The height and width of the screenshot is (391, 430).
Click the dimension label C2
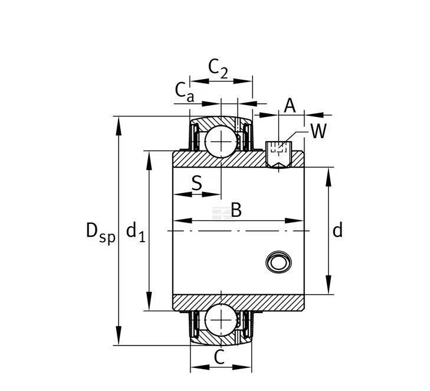point(218,70)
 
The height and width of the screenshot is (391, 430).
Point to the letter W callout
point(318,131)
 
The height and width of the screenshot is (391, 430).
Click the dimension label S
point(196,183)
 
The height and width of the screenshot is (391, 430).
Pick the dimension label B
point(236,210)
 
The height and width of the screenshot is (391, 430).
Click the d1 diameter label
point(135,231)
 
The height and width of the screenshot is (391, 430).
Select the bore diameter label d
point(337,230)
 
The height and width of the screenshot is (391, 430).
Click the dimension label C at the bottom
point(219,357)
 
